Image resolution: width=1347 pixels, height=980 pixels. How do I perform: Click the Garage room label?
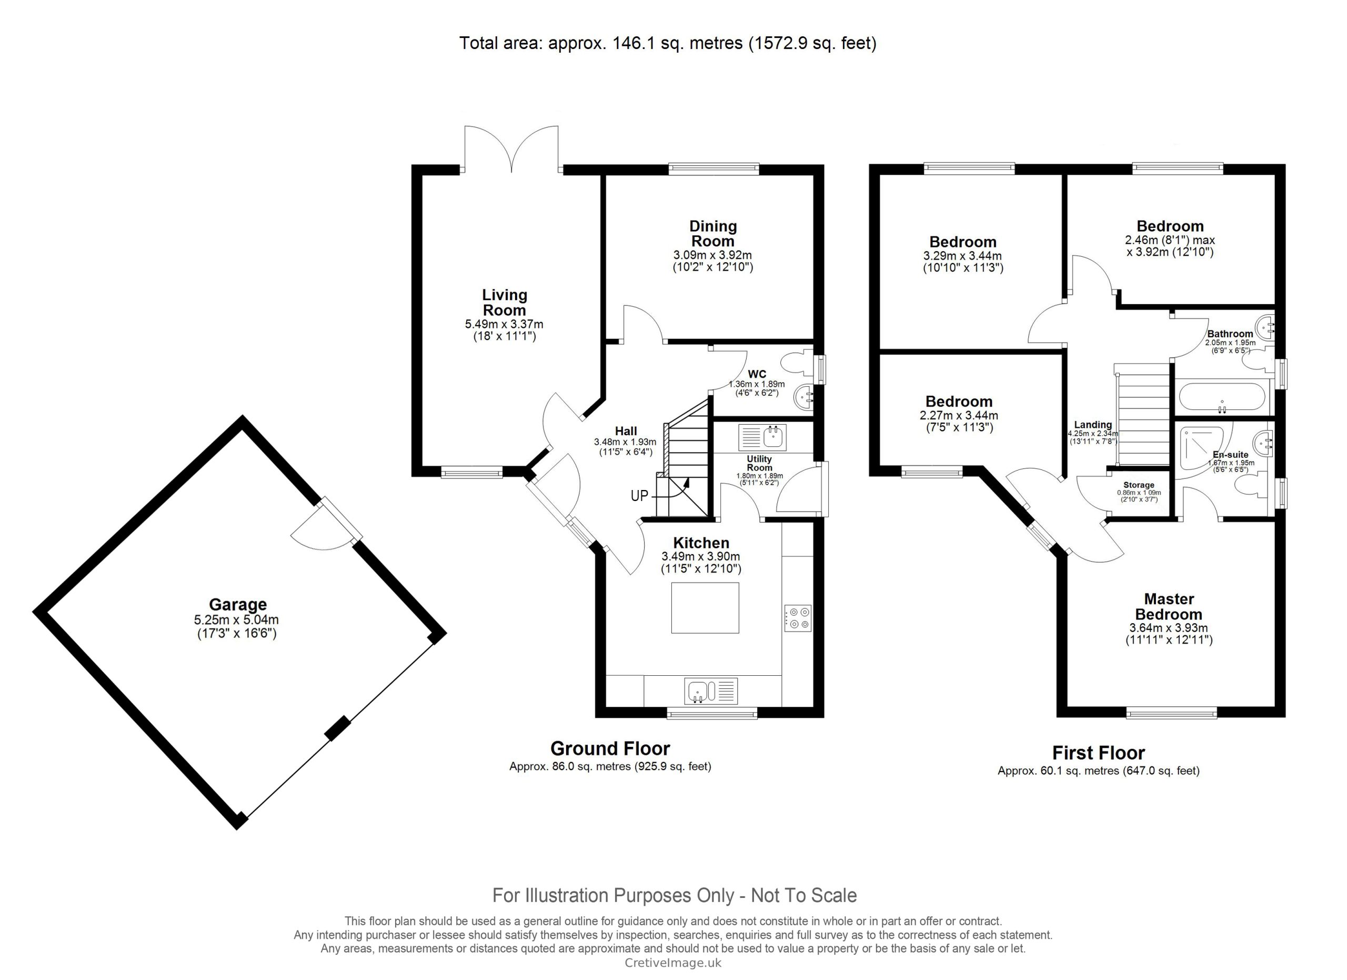[x=237, y=605]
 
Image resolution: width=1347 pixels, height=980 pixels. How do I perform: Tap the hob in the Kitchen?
[x=798, y=618]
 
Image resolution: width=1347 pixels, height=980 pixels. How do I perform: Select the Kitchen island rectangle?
[x=705, y=607]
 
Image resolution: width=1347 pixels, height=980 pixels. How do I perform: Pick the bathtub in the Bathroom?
[x=1222, y=397]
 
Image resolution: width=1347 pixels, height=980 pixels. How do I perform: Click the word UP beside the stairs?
[x=639, y=495]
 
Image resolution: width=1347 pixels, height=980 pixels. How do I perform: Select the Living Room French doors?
[x=511, y=148]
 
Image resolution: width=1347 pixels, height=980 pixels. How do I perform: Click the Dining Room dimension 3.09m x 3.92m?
[x=712, y=255]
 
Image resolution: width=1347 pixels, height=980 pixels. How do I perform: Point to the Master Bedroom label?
[x=1168, y=606]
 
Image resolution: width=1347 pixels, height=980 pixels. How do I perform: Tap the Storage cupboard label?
[x=1139, y=485]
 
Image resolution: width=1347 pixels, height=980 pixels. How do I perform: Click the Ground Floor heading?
[x=610, y=748]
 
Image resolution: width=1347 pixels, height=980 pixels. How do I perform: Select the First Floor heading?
[x=1098, y=753]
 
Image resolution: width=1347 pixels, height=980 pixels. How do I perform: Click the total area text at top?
[x=668, y=43]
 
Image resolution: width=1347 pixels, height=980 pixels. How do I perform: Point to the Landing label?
[x=1093, y=425]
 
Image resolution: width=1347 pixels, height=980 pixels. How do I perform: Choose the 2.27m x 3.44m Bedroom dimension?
[x=959, y=416]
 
